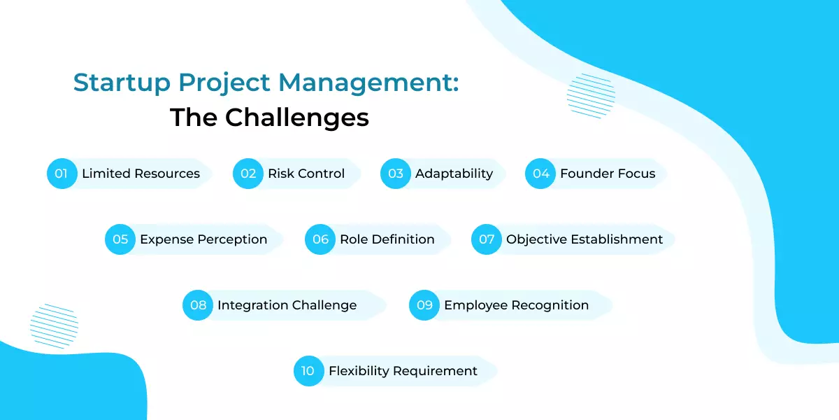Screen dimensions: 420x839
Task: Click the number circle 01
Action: tap(62, 174)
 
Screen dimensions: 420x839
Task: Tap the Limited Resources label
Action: tap(141, 174)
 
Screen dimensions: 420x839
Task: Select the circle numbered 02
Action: tap(248, 174)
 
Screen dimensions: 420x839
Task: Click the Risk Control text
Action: tap(306, 174)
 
